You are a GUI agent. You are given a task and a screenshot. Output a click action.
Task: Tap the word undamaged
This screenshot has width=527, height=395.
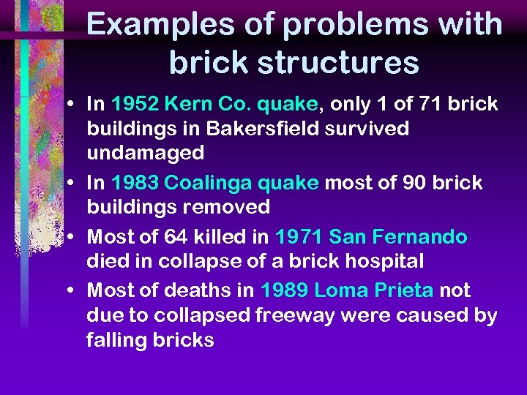coord(146,153)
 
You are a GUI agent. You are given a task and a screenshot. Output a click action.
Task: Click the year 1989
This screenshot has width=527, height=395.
coord(283,290)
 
